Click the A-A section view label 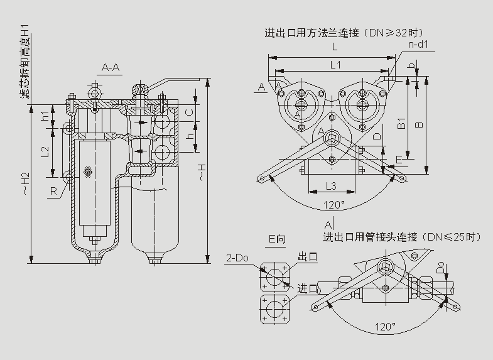click(111, 68)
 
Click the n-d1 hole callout click(418, 45)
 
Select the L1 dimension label click(335, 65)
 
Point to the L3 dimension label click(331, 185)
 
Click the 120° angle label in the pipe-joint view click(384, 327)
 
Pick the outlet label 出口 click(307, 258)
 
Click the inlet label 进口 click(307, 288)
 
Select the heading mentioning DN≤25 click(402, 237)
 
